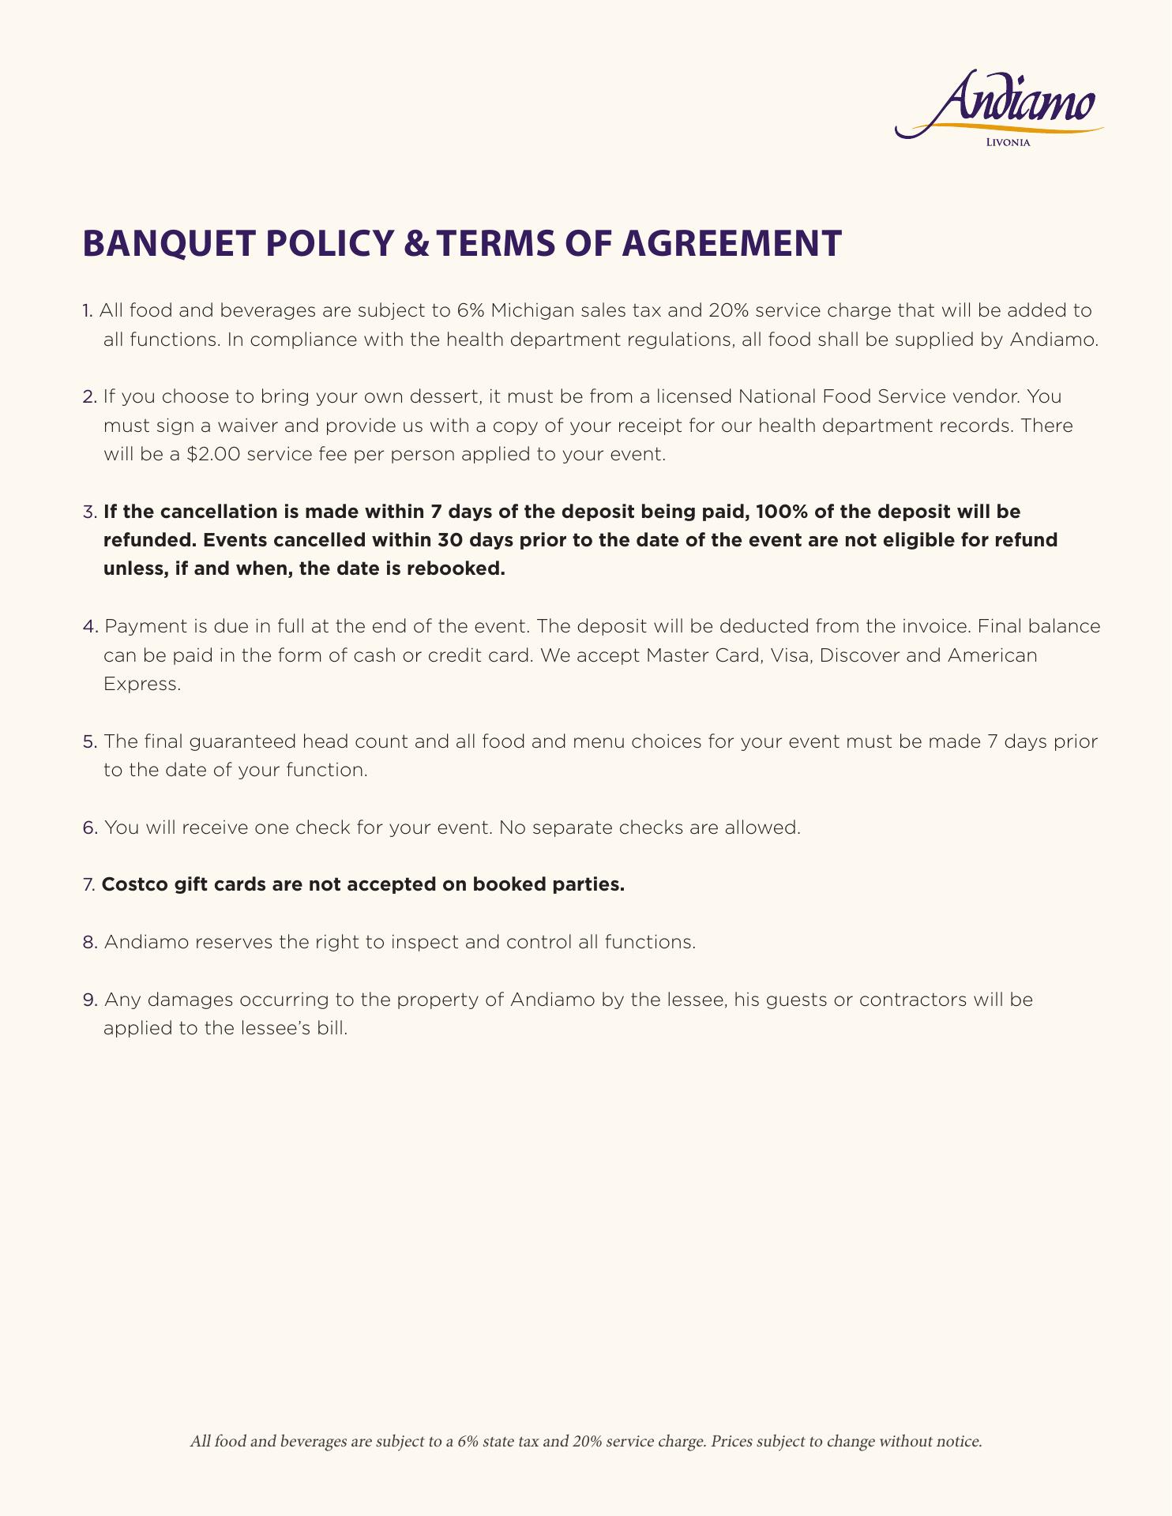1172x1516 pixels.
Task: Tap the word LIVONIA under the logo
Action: (1009, 143)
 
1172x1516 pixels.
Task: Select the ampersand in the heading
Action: (412, 243)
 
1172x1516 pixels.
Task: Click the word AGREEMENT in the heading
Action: (731, 243)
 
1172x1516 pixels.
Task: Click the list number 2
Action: (88, 396)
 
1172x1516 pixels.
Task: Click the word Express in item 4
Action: (142, 685)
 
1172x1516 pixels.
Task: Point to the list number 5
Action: (89, 742)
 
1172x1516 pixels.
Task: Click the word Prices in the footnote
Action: (731, 1442)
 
